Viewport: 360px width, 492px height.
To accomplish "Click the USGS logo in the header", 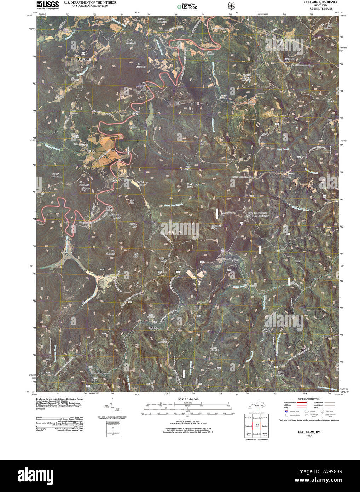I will (47, 5).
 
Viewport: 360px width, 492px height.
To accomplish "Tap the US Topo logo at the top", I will (187, 6).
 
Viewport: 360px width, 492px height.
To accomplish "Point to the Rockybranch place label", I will (84, 59).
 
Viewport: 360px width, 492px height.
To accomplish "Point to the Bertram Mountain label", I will (162, 21).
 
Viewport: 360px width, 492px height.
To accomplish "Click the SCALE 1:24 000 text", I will (188, 399).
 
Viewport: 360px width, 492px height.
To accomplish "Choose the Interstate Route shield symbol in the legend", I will (287, 411).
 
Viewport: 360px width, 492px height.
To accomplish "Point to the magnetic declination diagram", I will (112, 407).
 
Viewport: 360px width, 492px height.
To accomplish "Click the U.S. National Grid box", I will (113, 428).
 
